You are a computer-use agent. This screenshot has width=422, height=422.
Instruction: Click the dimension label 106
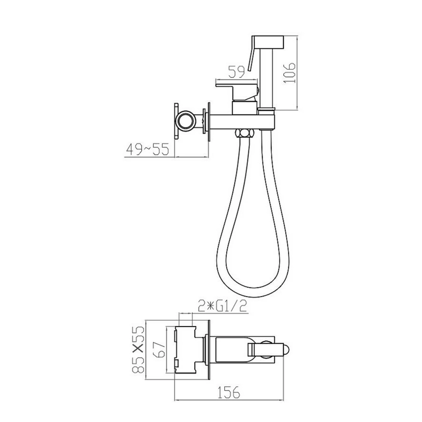(290, 73)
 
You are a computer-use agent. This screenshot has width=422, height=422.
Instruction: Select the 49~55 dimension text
(147, 149)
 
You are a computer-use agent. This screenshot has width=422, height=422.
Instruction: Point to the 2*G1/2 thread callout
(222, 306)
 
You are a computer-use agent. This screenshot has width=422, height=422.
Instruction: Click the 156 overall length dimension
(229, 392)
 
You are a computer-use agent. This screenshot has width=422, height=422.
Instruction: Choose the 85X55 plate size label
(139, 350)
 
